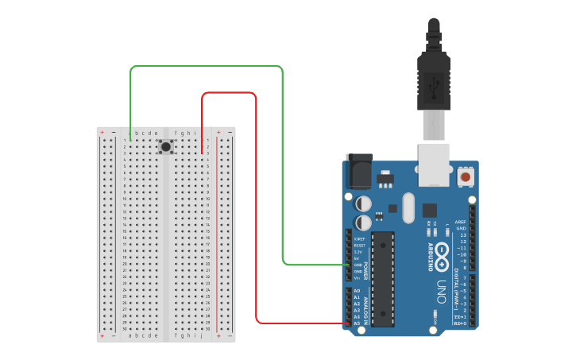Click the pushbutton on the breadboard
pos(165,146)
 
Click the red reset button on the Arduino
pos(466,176)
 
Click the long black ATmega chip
pos(383,278)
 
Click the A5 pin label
pos(357,323)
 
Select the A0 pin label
pos(357,291)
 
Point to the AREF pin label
pos(461,222)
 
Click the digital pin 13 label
pos(462,235)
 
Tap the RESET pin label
pos(359,246)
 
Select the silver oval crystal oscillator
pos(408,209)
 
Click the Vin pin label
pos(358,278)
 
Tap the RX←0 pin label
pos(460,323)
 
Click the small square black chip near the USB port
pos(430,210)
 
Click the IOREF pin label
pos(359,238)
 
